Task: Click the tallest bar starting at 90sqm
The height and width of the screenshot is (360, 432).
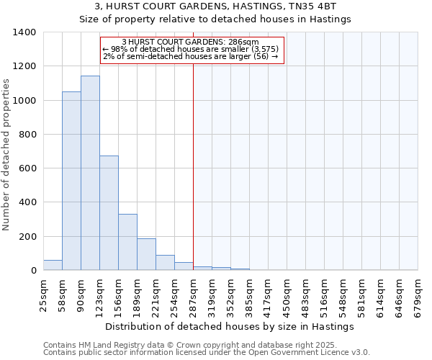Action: (x=90, y=173)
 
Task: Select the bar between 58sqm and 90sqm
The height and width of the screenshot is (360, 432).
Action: (x=71, y=181)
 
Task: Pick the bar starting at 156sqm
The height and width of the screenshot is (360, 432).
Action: (x=127, y=242)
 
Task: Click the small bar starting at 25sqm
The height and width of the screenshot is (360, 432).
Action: (x=53, y=265)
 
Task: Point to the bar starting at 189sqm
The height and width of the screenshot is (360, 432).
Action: (x=146, y=254)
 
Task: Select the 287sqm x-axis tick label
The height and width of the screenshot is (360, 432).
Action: (x=193, y=295)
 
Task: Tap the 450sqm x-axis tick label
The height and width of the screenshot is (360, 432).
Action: (x=287, y=295)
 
